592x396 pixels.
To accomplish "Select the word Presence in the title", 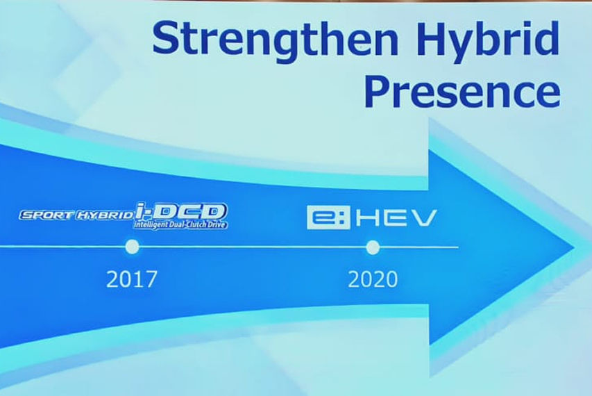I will [x=462, y=93].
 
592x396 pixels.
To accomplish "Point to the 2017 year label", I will [x=132, y=279].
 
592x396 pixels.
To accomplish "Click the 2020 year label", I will [x=373, y=279].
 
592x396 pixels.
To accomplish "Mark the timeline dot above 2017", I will [x=132, y=247].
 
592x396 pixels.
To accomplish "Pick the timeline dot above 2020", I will [x=373, y=247].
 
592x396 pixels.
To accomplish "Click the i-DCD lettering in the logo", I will [x=182, y=211].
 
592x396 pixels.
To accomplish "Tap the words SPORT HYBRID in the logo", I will [x=76, y=215].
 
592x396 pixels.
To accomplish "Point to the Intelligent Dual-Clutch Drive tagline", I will [x=181, y=224].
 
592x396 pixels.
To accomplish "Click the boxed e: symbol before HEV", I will [x=323, y=218].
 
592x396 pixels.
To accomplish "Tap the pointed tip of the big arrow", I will [x=570, y=247].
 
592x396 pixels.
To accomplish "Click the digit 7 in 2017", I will [x=151, y=279].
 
